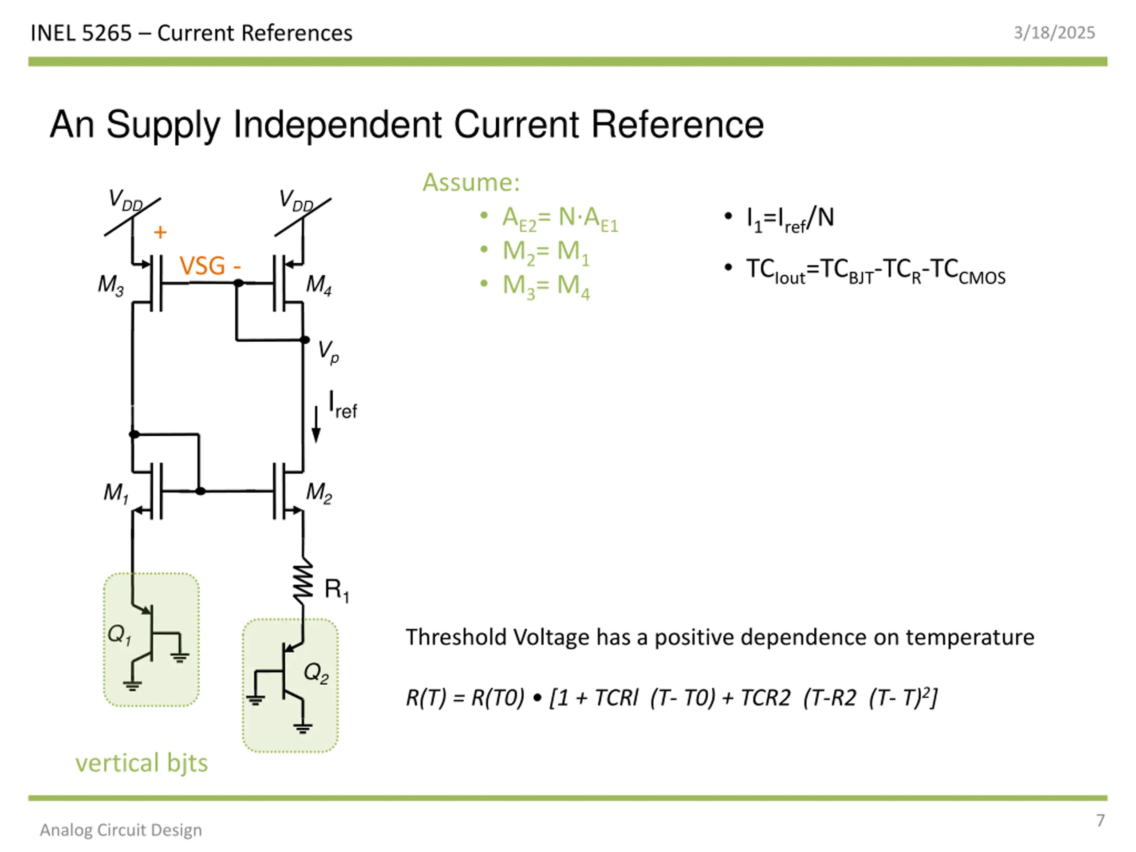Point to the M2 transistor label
coord(319,493)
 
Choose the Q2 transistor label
coord(316,673)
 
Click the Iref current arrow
coord(316,424)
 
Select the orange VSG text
coord(202,266)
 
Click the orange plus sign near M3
coord(160,232)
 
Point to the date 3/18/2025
coord(1054,33)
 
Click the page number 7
coord(1100,820)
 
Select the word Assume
coord(471,182)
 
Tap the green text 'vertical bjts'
coord(142,763)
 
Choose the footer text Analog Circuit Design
coord(121,830)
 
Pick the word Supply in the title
coord(163,125)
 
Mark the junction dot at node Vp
coord(304,339)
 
